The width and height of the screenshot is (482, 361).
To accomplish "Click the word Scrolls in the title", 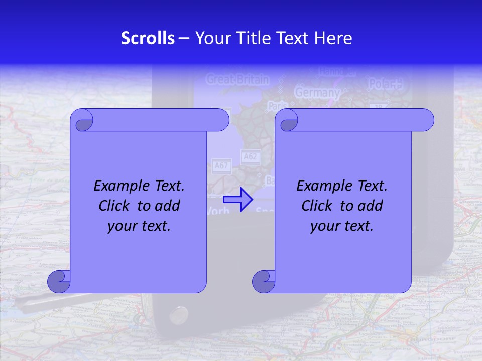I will (x=148, y=38).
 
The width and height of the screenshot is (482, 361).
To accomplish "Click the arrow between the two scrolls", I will (x=238, y=199).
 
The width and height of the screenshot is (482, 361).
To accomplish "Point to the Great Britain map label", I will (x=237, y=79).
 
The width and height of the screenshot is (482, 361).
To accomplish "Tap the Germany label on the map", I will (x=317, y=93).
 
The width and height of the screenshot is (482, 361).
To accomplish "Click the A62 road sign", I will (x=250, y=157).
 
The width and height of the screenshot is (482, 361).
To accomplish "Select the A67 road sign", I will (x=220, y=165).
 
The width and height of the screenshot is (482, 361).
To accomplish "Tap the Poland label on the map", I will (x=386, y=84).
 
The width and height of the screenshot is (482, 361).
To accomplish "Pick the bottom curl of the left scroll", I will (x=58, y=281).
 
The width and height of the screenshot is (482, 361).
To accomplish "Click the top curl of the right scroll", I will (x=287, y=120).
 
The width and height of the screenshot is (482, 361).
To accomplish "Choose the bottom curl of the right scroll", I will (x=263, y=281).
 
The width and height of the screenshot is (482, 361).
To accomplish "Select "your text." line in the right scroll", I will (x=342, y=226).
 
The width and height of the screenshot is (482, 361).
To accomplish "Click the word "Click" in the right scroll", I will (x=317, y=206).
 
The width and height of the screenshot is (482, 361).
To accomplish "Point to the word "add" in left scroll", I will (x=168, y=206).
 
